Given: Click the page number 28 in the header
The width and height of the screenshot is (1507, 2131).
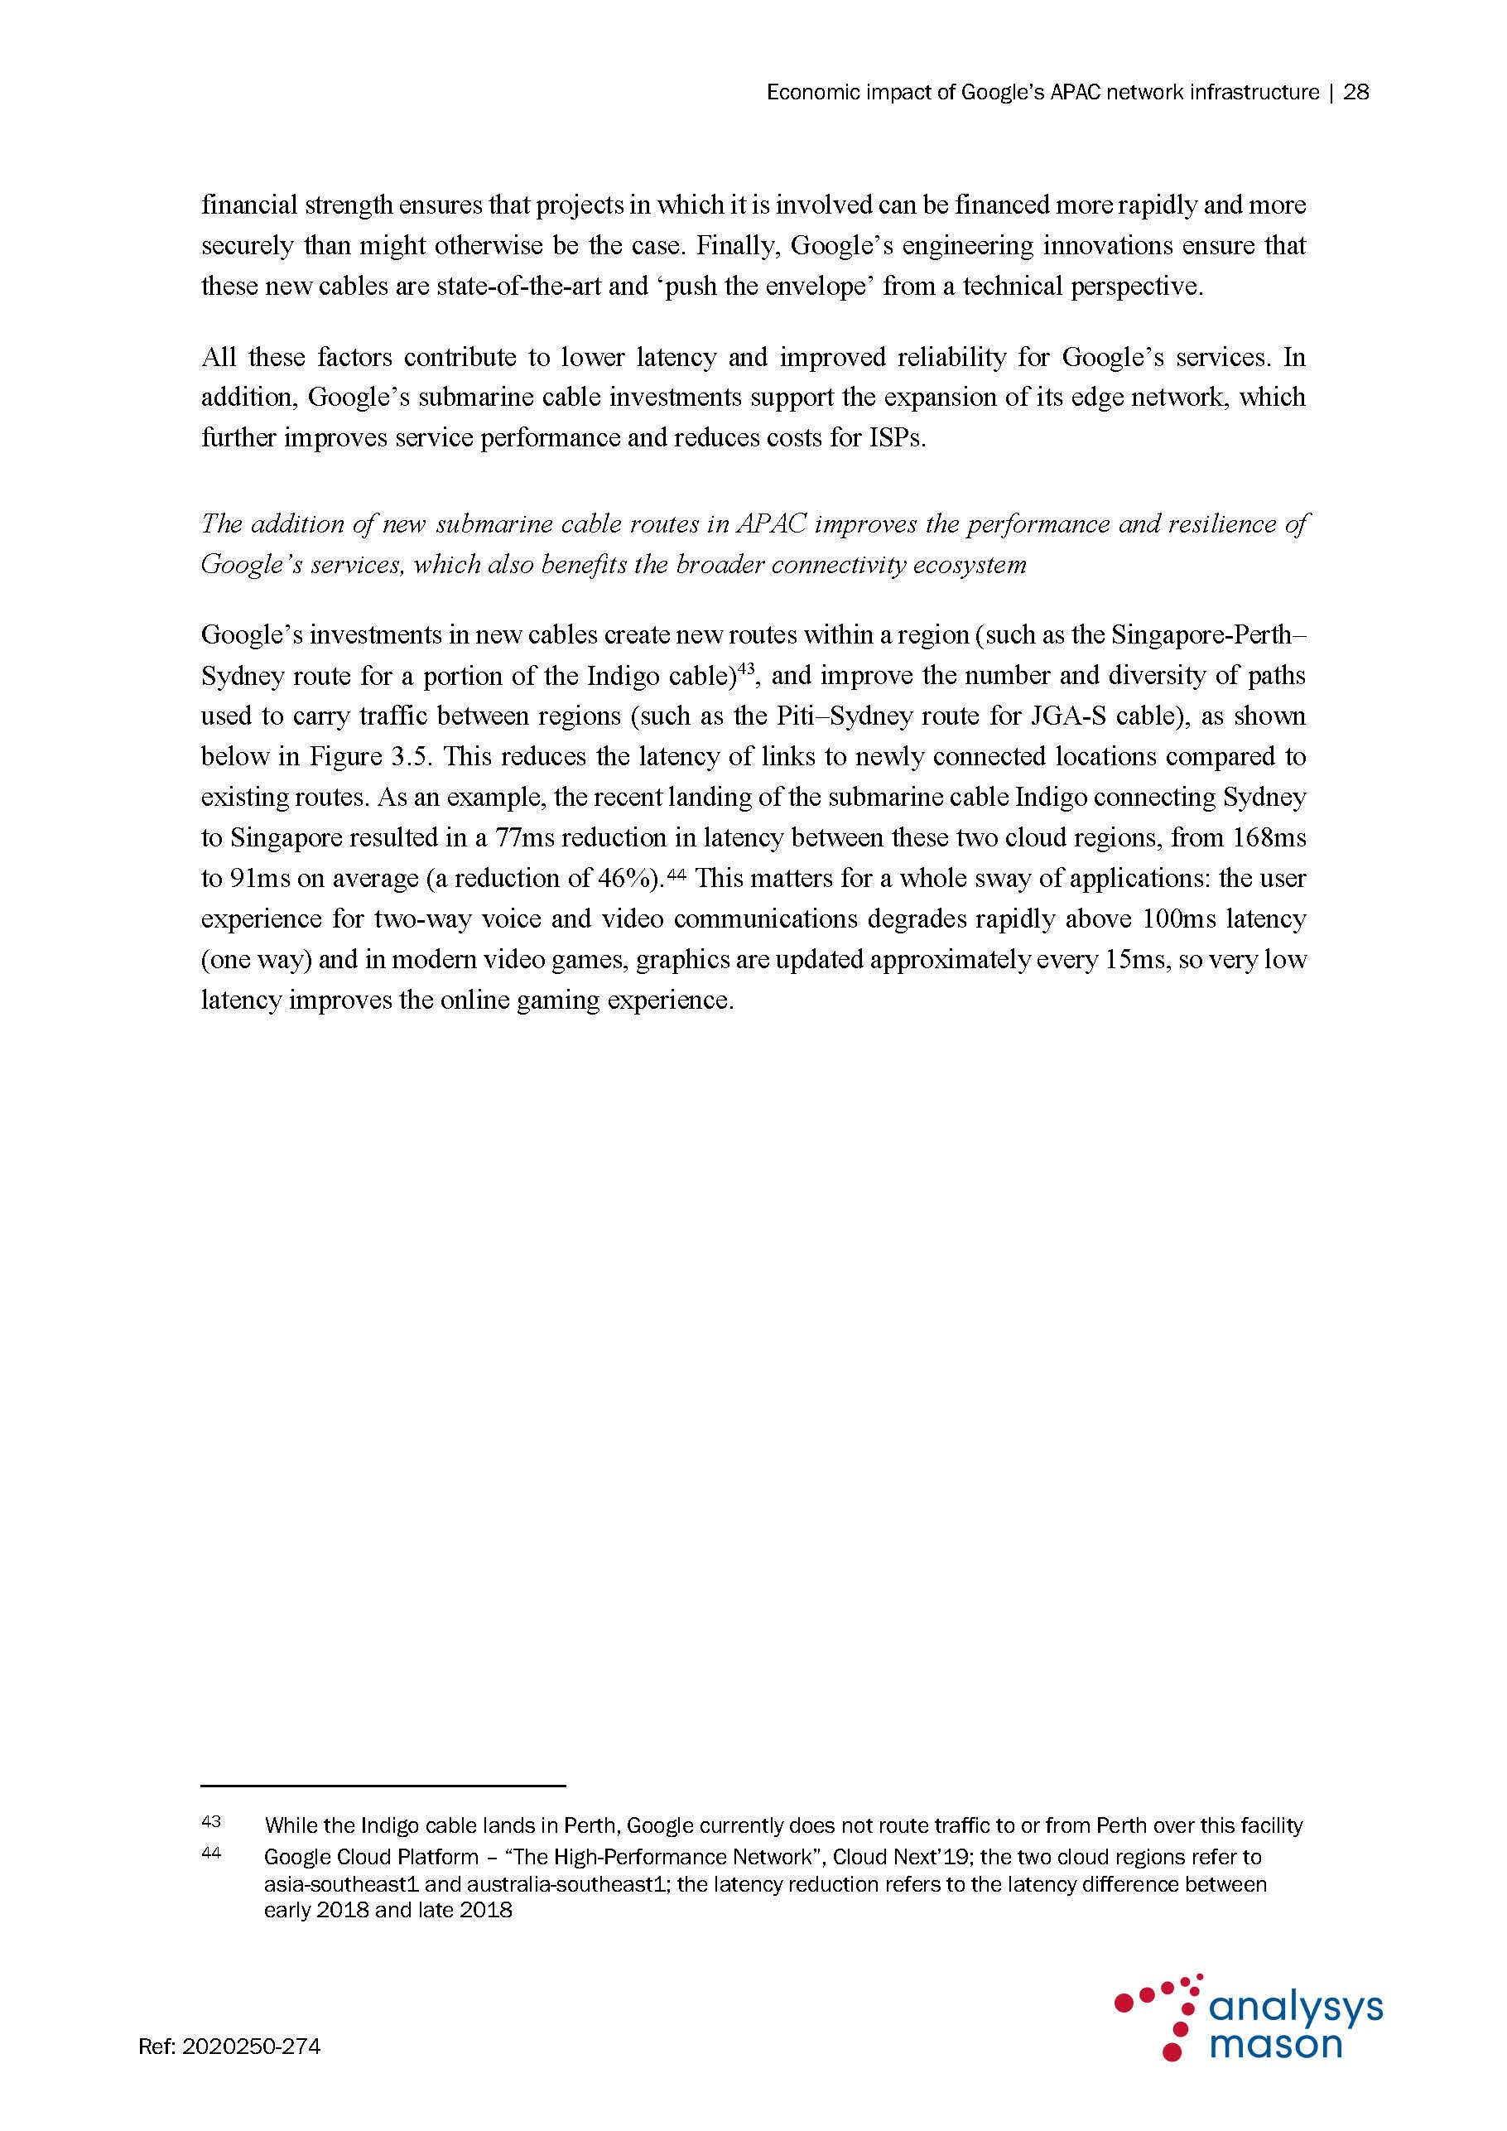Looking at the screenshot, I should [1355, 93].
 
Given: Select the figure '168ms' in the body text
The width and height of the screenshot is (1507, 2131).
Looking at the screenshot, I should [1269, 838].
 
